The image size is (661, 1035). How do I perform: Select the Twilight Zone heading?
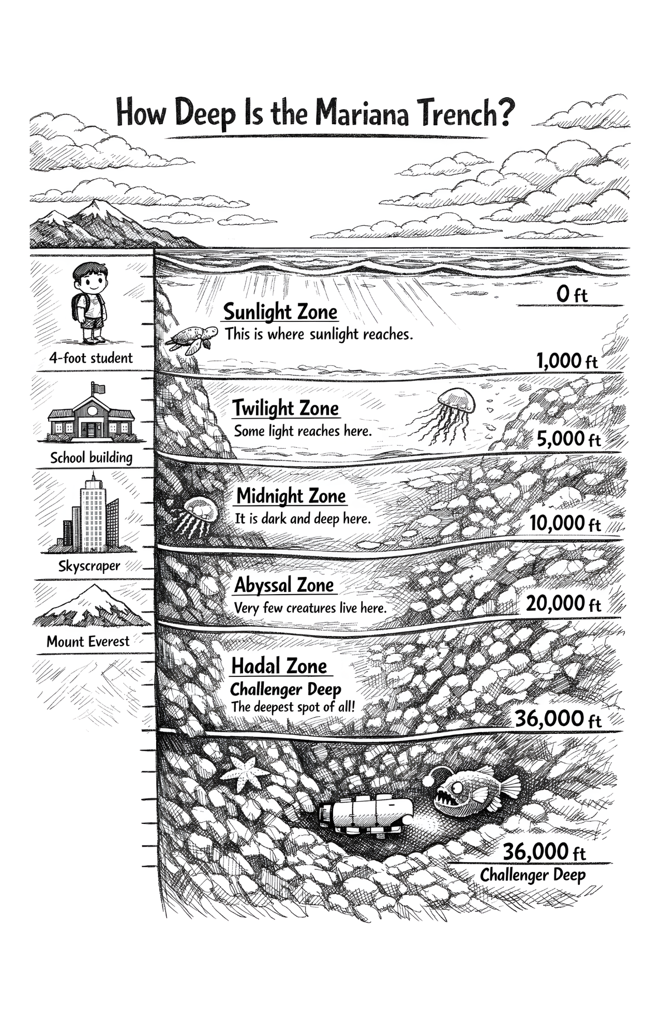pyautogui.click(x=286, y=408)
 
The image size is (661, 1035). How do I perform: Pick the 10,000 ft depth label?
pyautogui.click(x=565, y=523)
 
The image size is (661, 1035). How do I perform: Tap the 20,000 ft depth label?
pyautogui.click(x=563, y=603)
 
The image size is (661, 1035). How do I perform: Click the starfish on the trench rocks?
pyautogui.click(x=244, y=772)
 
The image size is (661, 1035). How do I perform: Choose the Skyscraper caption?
pyautogui.click(x=89, y=566)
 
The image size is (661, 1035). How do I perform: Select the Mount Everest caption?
pyautogui.click(x=88, y=642)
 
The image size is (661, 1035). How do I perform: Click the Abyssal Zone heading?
pyautogui.click(x=284, y=585)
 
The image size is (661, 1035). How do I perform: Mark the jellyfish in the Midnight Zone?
pyautogui.click(x=199, y=514)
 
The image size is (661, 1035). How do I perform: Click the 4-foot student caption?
pyautogui.click(x=91, y=358)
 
